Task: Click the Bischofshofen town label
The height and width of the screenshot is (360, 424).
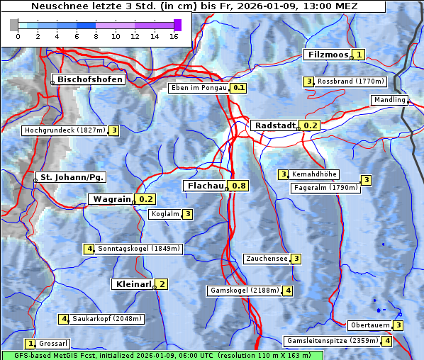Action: (x=90, y=79)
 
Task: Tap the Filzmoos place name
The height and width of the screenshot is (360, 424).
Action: (x=328, y=55)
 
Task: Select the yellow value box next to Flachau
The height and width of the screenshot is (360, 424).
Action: (x=240, y=186)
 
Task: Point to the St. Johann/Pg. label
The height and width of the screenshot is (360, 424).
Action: (x=72, y=177)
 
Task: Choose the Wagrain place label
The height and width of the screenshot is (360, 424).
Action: (x=112, y=199)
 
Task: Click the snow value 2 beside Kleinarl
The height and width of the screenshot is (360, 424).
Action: (x=162, y=284)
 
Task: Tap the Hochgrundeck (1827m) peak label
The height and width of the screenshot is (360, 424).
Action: (x=65, y=130)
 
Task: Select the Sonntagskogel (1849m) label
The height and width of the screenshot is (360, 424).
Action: (x=140, y=249)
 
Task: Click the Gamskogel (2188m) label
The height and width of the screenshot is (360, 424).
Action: (x=245, y=291)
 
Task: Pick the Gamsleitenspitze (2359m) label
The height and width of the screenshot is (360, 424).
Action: (x=332, y=341)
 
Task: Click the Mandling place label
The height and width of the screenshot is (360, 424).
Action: (x=389, y=100)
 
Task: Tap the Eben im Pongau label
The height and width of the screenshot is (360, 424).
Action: (x=198, y=88)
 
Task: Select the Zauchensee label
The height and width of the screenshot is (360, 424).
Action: (x=267, y=259)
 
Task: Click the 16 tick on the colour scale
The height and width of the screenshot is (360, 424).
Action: (x=174, y=35)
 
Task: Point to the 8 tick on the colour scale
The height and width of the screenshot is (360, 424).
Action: (x=96, y=35)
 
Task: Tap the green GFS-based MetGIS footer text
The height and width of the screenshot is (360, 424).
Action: (x=162, y=355)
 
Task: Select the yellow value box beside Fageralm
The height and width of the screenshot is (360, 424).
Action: (x=366, y=180)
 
